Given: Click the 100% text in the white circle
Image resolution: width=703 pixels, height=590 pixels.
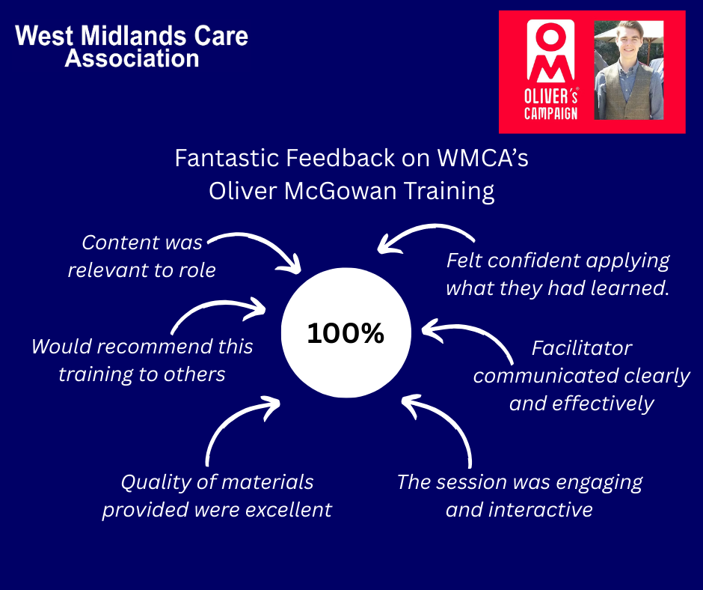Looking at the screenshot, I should click(x=346, y=334).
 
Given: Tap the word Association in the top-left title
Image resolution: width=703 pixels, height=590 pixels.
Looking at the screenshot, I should click(x=132, y=58).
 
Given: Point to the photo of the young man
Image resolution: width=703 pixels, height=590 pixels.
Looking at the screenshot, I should click(x=628, y=69).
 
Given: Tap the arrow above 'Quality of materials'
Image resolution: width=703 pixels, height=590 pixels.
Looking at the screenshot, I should click(x=236, y=427).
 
